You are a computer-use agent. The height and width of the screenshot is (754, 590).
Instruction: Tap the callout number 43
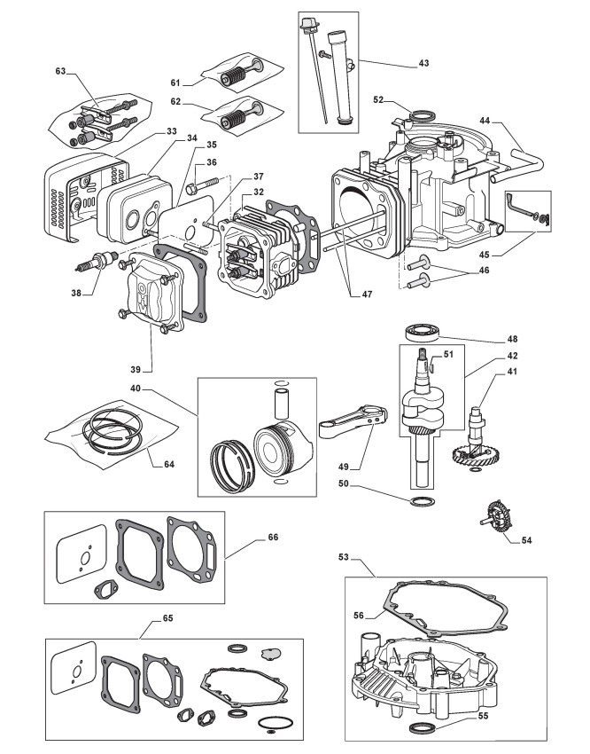[423, 63]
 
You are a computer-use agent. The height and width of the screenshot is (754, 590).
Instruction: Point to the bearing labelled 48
[423, 333]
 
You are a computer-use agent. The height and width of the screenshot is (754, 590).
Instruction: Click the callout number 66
[273, 538]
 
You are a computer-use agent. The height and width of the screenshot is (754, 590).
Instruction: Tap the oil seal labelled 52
[423, 115]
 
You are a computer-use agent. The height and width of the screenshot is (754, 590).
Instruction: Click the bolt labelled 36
[202, 185]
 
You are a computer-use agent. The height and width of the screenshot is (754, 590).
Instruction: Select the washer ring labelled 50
[423, 501]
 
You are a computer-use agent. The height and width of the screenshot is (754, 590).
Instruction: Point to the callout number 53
[343, 557]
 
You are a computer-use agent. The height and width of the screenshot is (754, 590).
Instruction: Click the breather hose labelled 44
[518, 167]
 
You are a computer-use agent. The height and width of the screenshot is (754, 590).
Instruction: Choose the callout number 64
[169, 465]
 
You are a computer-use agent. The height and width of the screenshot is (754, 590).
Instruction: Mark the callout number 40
[136, 388]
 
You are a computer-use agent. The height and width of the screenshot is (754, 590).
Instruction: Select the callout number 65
[167, 618]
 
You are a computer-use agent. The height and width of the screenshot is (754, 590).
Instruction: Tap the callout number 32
[259, 192]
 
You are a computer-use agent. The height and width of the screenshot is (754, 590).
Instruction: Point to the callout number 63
[60, 71]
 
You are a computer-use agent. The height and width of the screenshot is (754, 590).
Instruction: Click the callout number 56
[358, 616]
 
